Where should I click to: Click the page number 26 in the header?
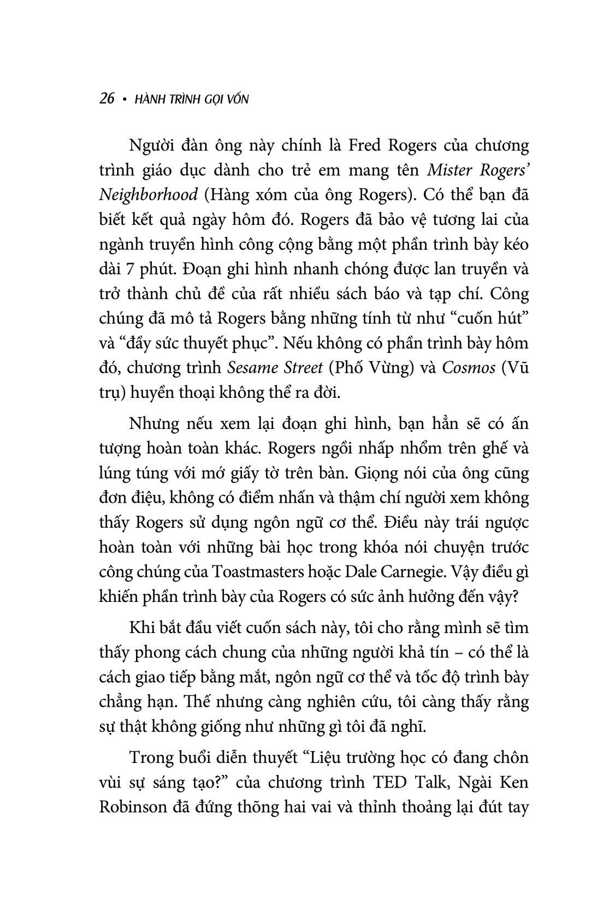107,99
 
